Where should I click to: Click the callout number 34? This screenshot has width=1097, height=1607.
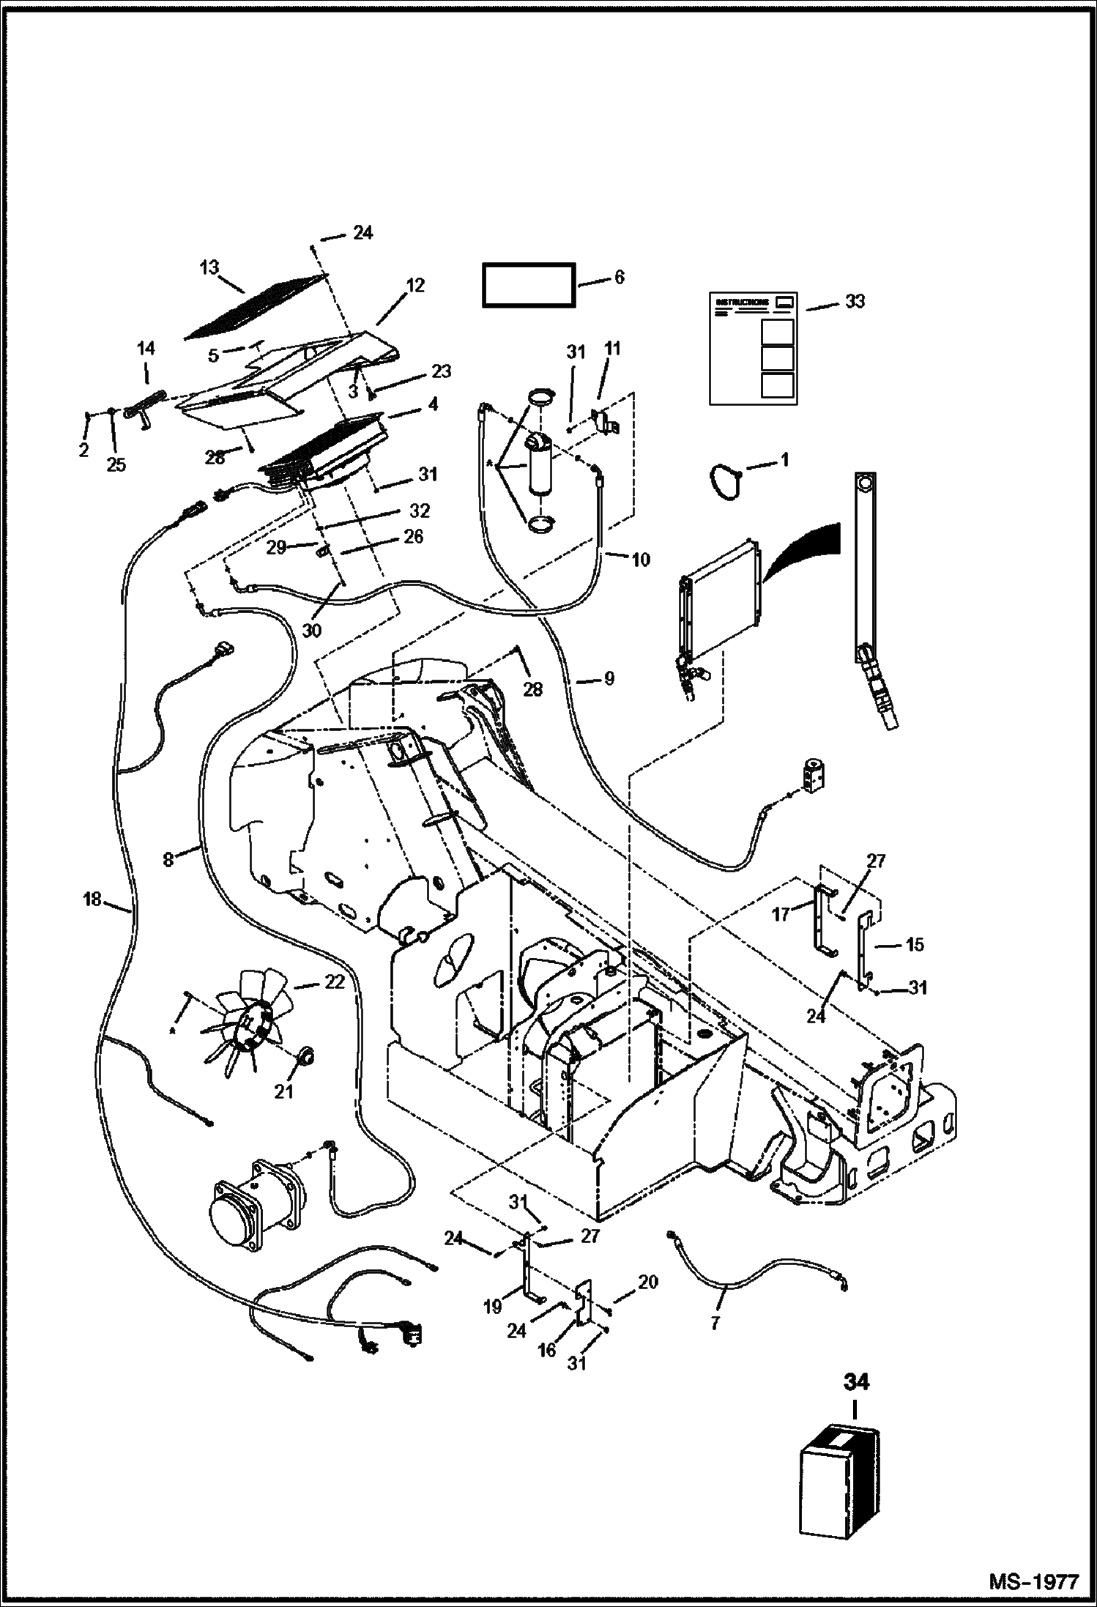point(855,1382)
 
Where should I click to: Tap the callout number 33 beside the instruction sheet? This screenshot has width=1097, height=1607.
point(854,301)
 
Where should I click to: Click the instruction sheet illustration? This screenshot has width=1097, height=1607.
point(754,348)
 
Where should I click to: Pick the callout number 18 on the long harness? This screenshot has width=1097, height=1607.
point(92,898)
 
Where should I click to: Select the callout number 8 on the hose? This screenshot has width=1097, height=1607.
point(168,859)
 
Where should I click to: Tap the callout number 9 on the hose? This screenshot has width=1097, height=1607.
point(609,679)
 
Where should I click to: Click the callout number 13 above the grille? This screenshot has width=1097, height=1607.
point(209,267)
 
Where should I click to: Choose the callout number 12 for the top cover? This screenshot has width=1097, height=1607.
point(414,285)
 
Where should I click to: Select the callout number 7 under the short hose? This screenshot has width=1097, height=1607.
point(715,1322)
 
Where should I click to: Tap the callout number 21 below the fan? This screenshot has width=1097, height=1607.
point(283,1112)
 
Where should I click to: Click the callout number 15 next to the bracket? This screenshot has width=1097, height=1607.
point(915,944)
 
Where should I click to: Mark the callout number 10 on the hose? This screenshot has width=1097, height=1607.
point(640,560)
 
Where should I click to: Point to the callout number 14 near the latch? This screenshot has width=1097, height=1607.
point(146,349)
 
